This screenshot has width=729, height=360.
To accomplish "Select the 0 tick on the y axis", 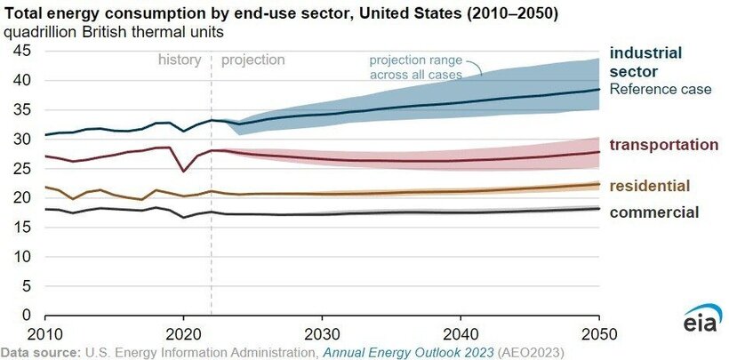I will pos(27,316).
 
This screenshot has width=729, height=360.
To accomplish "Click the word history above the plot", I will pos(180,60).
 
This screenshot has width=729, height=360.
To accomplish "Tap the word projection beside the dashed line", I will pos(252,60).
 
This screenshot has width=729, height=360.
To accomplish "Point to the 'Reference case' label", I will pos(661,89).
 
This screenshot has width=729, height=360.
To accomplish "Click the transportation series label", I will pos(663,144).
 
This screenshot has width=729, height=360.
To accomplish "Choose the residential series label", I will pos(650,185).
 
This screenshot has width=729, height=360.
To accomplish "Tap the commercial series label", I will pos(653,212).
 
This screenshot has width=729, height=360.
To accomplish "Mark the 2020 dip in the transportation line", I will pos(183,171).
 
